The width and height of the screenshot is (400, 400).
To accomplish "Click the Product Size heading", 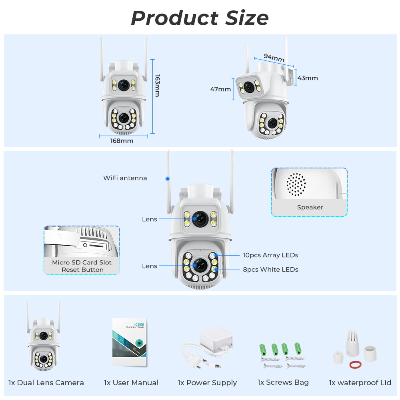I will [x=200, y=18].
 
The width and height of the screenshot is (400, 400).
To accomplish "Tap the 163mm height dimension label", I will [x=157, y=85].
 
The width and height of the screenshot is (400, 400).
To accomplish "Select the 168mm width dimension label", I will [x=122, y=141].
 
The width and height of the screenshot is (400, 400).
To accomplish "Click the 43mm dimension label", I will [x=308, y=78].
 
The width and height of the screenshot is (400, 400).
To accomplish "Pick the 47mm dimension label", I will [x=220, y=89].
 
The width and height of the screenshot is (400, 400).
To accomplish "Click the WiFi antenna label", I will [x=125, y=178].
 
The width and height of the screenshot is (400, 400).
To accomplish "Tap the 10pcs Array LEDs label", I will [x=270, y=255].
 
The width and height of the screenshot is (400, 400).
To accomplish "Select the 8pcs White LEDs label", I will [x=270, y=270].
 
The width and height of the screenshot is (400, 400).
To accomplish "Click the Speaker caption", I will [x=310, y=207].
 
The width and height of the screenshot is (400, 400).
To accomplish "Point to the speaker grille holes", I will [x=296, y=184].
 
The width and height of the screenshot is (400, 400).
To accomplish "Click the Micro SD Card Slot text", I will [x=82, y=262].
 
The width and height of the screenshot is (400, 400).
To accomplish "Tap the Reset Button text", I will [x=82, y=270].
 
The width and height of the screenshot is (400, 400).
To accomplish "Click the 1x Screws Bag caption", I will [x=283, y=382].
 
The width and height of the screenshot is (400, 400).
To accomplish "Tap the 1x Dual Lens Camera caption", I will [x=46, y=383].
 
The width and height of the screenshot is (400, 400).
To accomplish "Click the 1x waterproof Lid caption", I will [x=360, y=383].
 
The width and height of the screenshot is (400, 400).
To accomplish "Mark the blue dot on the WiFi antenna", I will [x=168, y=178].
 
